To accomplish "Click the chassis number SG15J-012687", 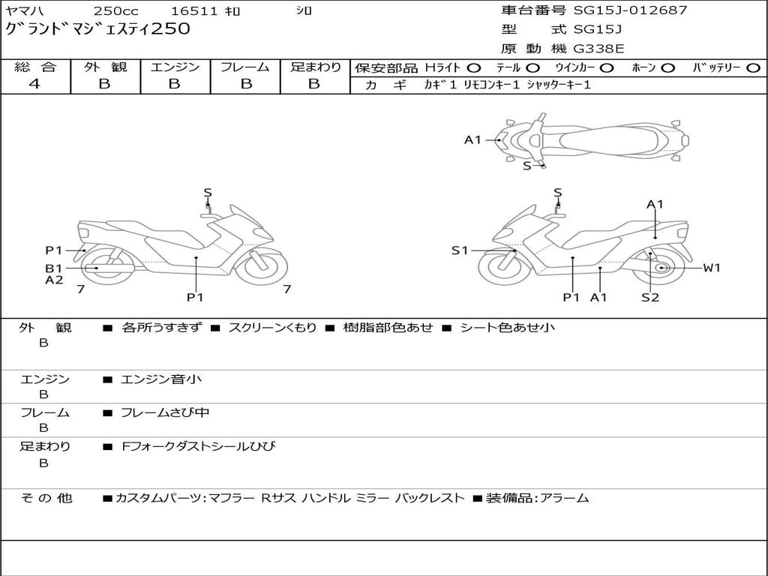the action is (x=630, y=10).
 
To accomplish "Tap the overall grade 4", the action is (x=34, y=84).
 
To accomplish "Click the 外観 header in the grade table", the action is (x=105, y=67).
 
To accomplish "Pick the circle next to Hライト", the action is (x=474, y=68).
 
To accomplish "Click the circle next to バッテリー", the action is (x=754, y=68).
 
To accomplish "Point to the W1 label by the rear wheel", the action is (x=712, y=268).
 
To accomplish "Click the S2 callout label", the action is (x=650, y=297).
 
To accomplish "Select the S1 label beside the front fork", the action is (x=460, y=250).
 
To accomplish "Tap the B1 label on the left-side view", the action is (x=54, y=268).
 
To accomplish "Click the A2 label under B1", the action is (x=54, y=280).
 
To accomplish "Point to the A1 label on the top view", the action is (x=472, y=140).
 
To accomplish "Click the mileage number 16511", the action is (x=194, y=10).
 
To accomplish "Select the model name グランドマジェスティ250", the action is (x=97, y=28).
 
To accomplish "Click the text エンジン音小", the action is (x=161, y=379).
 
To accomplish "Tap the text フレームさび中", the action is (x=165, y=413).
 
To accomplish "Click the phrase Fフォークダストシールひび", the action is (x=198, y=446).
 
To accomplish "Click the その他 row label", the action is (x=46, y=498).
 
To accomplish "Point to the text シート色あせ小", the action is (x=507, y=327).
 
